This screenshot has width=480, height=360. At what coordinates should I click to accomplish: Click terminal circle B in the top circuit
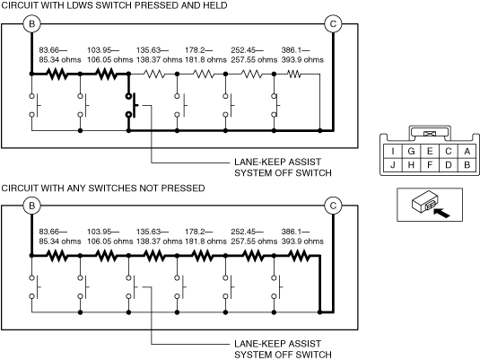tap(31, 24)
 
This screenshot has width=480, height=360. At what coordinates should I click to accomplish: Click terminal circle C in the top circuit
tap(333, 24)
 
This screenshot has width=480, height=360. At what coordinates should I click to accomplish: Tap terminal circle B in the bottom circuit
tap(31, 206)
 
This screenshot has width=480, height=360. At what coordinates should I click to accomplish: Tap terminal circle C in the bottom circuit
tap(333, 206)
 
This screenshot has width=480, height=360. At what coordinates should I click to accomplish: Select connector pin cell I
tap(393, 151)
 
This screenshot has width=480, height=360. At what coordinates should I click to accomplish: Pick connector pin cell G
tap(411, 151)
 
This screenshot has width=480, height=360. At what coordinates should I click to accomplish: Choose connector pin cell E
tap(430, 151)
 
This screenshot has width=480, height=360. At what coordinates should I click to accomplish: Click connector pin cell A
tap(467, 151)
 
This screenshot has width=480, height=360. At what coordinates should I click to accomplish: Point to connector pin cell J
tap(393, 165)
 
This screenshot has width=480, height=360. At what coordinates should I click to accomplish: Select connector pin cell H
tap(411, 165)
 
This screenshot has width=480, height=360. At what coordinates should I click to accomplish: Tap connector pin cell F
tap(430, 165)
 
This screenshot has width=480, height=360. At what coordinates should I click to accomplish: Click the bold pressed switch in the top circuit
tap(131, 105)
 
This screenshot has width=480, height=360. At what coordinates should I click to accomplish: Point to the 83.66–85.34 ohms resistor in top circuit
tap(57, 74)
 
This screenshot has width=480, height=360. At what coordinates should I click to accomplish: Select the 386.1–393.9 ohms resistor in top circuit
tap(294, 74)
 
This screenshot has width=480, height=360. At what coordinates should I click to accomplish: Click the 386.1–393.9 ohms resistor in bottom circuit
tap(299, 255)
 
